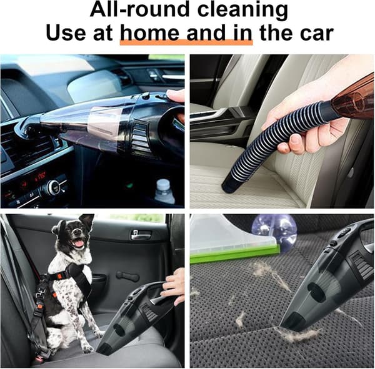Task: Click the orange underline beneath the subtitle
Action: (186, 42)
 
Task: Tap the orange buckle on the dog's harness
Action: (59, 276)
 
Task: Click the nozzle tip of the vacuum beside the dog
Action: (104, 352)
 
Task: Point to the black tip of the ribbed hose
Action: (229, 187)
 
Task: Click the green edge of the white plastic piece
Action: (235, 254)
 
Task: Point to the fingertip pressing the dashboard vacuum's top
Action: (174, 96)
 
